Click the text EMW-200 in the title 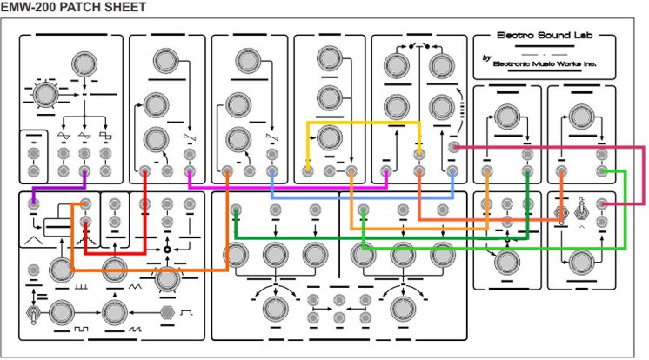29,7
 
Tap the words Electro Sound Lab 545,35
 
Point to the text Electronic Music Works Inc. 545,63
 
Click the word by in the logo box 487,58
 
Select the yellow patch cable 364,123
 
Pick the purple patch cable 58,188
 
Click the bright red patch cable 115,252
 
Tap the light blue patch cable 363,198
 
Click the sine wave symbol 64,136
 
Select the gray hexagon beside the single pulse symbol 167,312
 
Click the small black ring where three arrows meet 167,250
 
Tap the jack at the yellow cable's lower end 307,170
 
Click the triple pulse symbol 81,286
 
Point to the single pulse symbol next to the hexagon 186,312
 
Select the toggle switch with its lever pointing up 581,210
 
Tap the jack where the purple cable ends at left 33,203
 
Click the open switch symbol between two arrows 418,46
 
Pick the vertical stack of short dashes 462,110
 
